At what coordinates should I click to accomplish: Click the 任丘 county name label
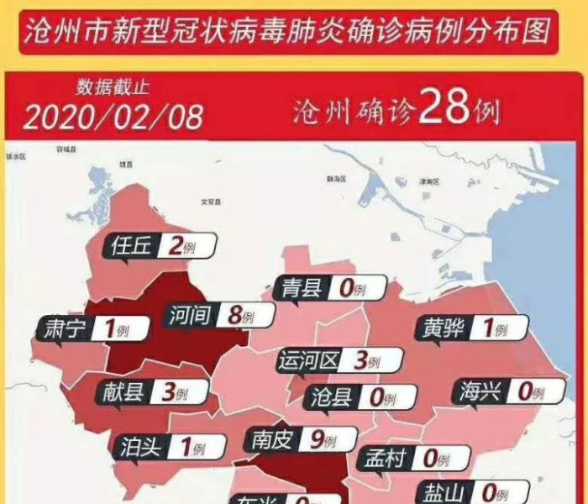click(x=130, y=245)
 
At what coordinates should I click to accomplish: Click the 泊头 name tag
click(x=139, y=447)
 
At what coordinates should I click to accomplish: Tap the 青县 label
click(x=302, y=289)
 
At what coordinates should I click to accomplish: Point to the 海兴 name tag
click(x=480, y=391)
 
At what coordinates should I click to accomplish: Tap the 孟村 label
click(x=382, y=459)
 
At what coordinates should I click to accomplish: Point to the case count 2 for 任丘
click(x=176, y=245)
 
